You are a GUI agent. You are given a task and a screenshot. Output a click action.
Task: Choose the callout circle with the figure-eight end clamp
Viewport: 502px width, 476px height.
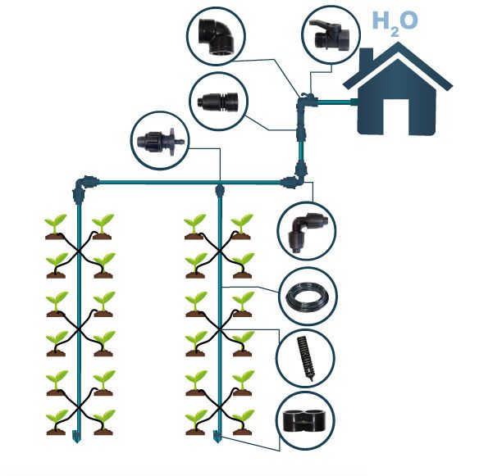coord(305,419)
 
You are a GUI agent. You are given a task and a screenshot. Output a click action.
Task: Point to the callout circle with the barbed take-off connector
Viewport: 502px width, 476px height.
coord(160,141)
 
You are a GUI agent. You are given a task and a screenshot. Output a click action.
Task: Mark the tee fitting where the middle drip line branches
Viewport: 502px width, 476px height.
coord(219,190)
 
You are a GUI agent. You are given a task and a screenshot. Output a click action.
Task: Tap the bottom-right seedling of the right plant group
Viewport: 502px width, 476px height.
coord(242,422)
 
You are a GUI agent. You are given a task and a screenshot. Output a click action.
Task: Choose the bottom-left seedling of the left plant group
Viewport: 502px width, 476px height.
coord(56,422)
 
